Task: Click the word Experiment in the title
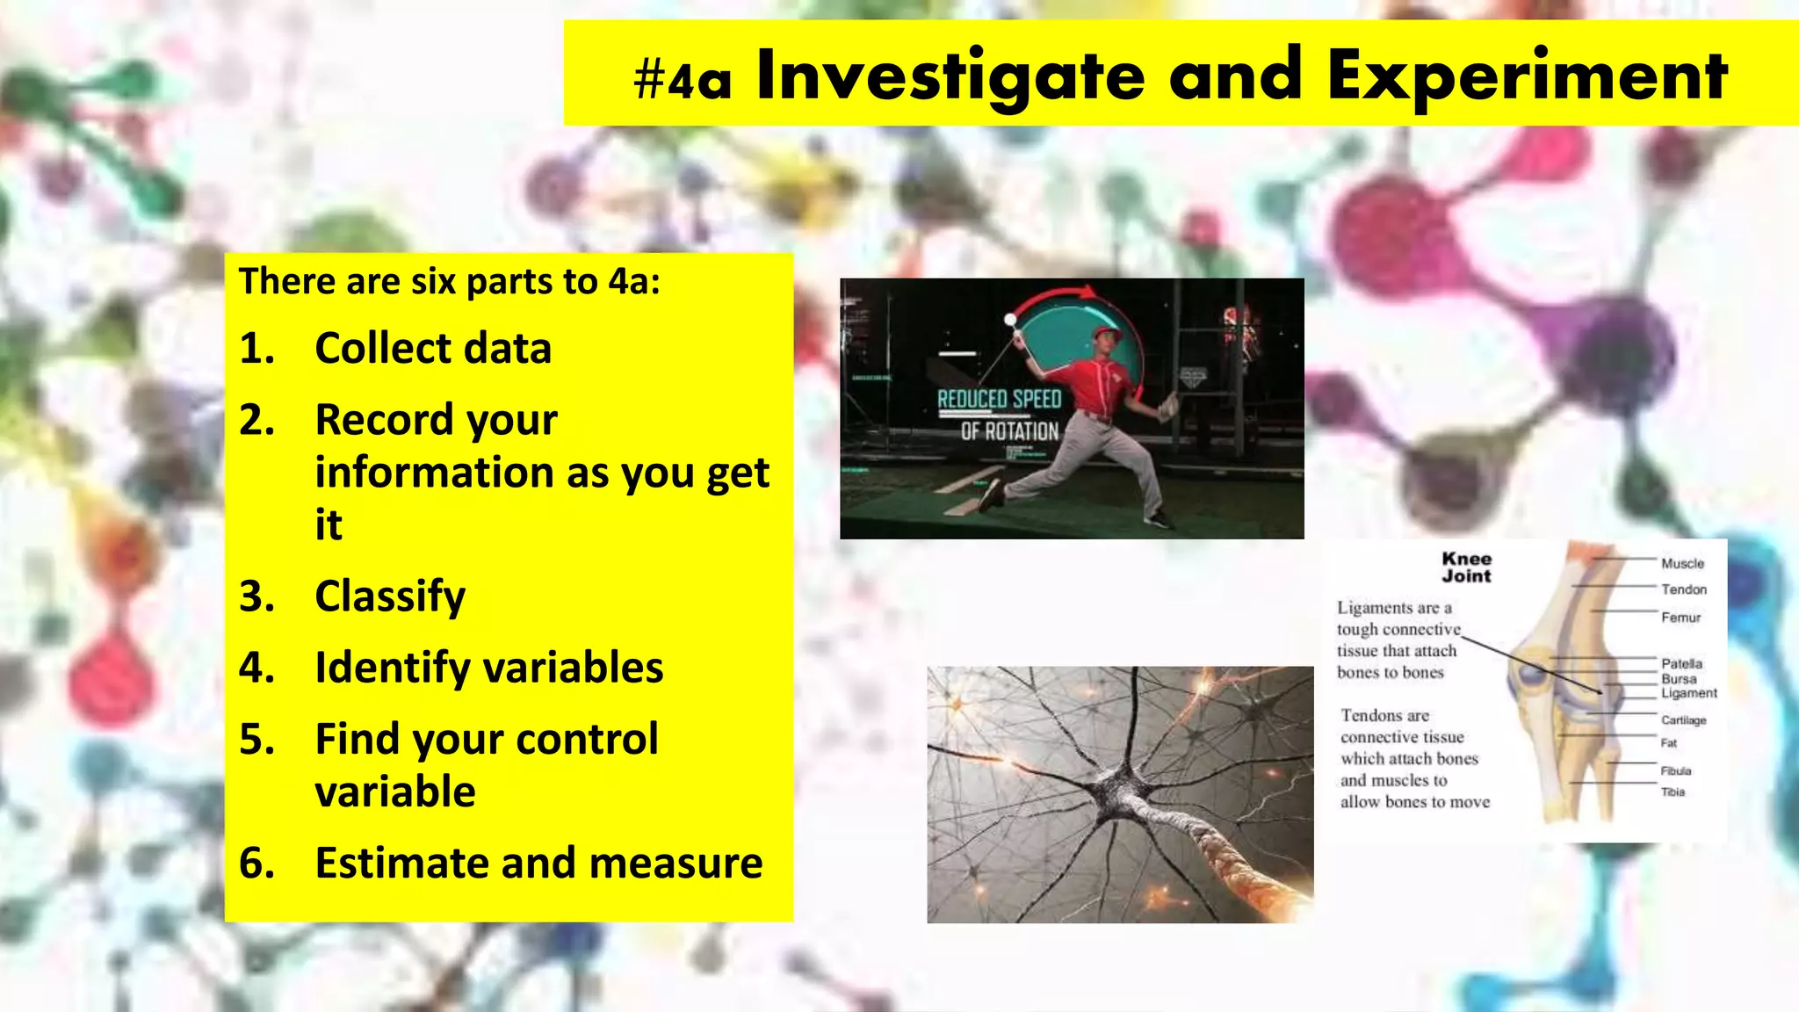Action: click(x=1527, y=77)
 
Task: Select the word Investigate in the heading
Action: click(x=950, y=77)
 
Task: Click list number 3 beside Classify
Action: click(x=256, y=596)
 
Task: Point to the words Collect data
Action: click(x=433, y=348)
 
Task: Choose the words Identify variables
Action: click(x=488, y=668)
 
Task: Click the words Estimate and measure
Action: click(x=538, y=863)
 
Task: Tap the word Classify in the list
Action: click(x=390, y=596)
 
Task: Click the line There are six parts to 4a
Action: click(x=449, y=281)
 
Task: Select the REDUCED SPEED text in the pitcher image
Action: click(x=1000, y=400)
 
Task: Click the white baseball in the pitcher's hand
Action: click(x=1010, y=320)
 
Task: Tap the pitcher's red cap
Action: click(x=1108, y=334)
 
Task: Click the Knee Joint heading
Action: click(x=1466, y=567)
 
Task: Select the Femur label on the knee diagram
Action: click(x=1680, y=618)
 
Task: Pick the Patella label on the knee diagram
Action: click(x=1681, y=663)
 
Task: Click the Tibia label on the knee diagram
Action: click(x=1673, y=792)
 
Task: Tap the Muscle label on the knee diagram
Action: click(x=1682, y=563)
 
